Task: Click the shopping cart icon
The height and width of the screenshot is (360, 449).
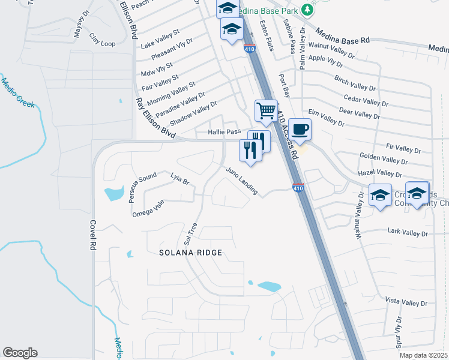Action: (x=266, y=110)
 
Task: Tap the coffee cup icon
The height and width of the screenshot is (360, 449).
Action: (x=300, y=129)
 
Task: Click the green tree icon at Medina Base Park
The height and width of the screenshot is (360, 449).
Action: (x=307, y=9)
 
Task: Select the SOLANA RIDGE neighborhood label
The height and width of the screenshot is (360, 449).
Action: (x=190, y=253)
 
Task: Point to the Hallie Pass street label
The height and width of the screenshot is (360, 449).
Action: (x=224, y=132)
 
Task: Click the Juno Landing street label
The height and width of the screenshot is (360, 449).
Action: (x=242, y=181)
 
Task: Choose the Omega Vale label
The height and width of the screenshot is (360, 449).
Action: (x=148, y=208)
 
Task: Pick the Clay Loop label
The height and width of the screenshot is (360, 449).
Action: (x=102, y=43)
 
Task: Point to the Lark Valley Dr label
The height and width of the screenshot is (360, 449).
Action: (x=408, y=232)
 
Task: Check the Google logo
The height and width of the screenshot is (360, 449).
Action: (x=20, y=353)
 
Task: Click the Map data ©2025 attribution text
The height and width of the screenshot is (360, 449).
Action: (x=423, y=355)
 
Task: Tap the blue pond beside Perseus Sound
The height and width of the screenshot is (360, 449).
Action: (x=113, y=194)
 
